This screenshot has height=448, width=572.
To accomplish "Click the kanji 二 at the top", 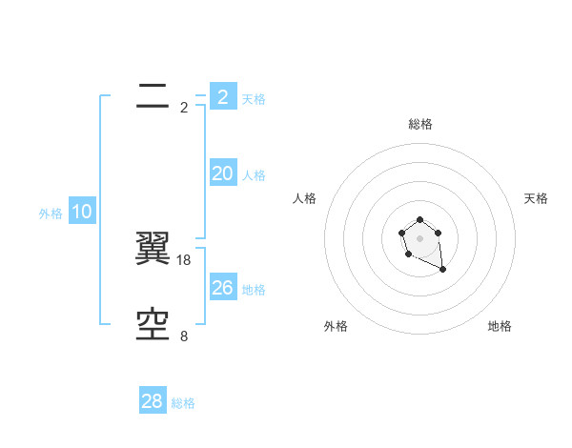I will (x=153, y=95).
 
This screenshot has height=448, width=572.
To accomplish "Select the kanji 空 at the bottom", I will (x=153, y=325).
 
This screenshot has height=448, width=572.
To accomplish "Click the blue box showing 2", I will (x=222, y=97).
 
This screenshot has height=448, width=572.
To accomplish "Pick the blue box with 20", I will (x=222, y=173).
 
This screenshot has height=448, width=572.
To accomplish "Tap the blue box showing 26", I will (x=222, y=288).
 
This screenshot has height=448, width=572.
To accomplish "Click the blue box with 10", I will (x=82, y=212).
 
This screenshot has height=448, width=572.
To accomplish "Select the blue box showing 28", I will (x=153, y=401).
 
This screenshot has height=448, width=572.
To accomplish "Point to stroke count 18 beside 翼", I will (x=185, y=259).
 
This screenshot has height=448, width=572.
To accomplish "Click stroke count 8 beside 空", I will (x=184, y=336).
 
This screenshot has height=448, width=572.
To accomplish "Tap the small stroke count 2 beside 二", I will (x=184, y=108).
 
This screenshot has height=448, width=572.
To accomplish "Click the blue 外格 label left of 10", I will (x=51, y=214).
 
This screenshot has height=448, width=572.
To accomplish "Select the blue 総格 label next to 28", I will (x=183, y=403).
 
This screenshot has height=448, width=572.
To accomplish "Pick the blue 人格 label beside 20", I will (x=254, y=175).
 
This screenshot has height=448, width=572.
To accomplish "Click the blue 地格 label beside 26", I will (x=254, y=290).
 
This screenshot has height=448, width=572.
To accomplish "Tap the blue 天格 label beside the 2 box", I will (x=254, y=99).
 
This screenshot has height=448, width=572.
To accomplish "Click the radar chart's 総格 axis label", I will (x=420, y=124).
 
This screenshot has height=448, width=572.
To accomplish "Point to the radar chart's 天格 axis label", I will (x=536, y=198).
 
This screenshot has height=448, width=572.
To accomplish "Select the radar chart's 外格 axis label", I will (x=336, y=326).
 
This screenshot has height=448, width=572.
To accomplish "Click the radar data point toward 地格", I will (x=443, y=270).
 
